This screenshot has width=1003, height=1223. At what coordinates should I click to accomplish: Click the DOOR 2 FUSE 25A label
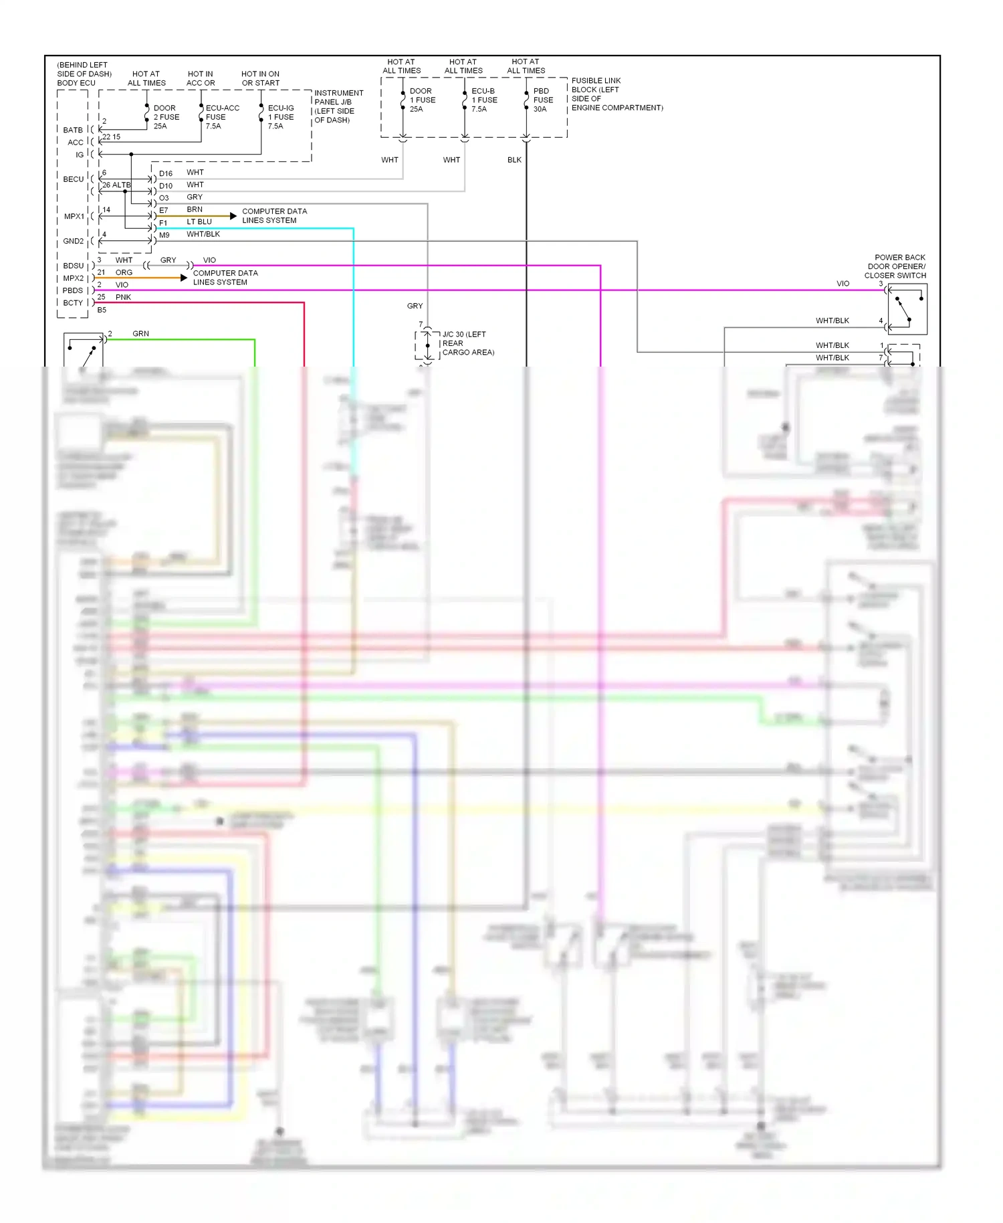tap(166, 117)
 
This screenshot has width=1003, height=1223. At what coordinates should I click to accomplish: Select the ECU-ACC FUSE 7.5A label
tap(222, 117)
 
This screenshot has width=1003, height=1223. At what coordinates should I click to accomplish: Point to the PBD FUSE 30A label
tap(542, 100)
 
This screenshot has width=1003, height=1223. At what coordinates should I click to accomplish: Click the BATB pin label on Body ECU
tap(73, 130)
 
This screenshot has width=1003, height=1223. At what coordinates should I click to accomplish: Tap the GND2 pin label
tap(73, 241)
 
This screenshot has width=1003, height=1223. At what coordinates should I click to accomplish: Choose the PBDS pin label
tap(72, 290)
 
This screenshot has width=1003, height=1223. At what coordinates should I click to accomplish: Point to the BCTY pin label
tap(72, 303)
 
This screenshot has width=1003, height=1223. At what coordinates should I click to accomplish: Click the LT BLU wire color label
tap(199, 222)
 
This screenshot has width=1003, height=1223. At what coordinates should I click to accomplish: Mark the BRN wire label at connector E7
tap(195, 209)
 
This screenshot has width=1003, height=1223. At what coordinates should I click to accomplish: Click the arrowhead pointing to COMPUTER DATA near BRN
tap(233, 216)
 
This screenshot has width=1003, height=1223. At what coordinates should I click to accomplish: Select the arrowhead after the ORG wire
tap(184, 278)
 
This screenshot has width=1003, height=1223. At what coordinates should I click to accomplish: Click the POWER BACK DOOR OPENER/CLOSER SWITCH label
tap(895, 266)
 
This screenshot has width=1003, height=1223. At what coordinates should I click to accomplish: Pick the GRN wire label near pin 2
tap(140, 334)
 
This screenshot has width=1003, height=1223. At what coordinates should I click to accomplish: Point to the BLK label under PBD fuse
tap(514, 160)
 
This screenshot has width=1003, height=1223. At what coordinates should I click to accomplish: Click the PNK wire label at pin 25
tap(123, 297)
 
